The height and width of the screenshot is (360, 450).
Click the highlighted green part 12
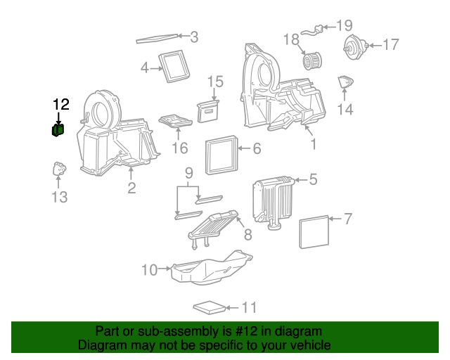coord(58,129)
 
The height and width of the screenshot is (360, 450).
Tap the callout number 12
coord(61,105)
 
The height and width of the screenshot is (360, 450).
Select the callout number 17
coord(390,44)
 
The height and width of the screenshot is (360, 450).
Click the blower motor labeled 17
coord(354,48)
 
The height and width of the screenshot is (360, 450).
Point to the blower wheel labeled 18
coord(311,60)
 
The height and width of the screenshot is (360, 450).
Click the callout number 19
coord(344,26)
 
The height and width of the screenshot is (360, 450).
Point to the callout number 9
coord(188,173)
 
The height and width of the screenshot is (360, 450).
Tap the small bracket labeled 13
coord(60,169)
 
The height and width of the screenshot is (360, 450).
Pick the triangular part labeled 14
coord(345,83)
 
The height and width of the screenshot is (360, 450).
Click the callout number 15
coord(215,82)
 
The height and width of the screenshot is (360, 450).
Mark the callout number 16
coord(180,148)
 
